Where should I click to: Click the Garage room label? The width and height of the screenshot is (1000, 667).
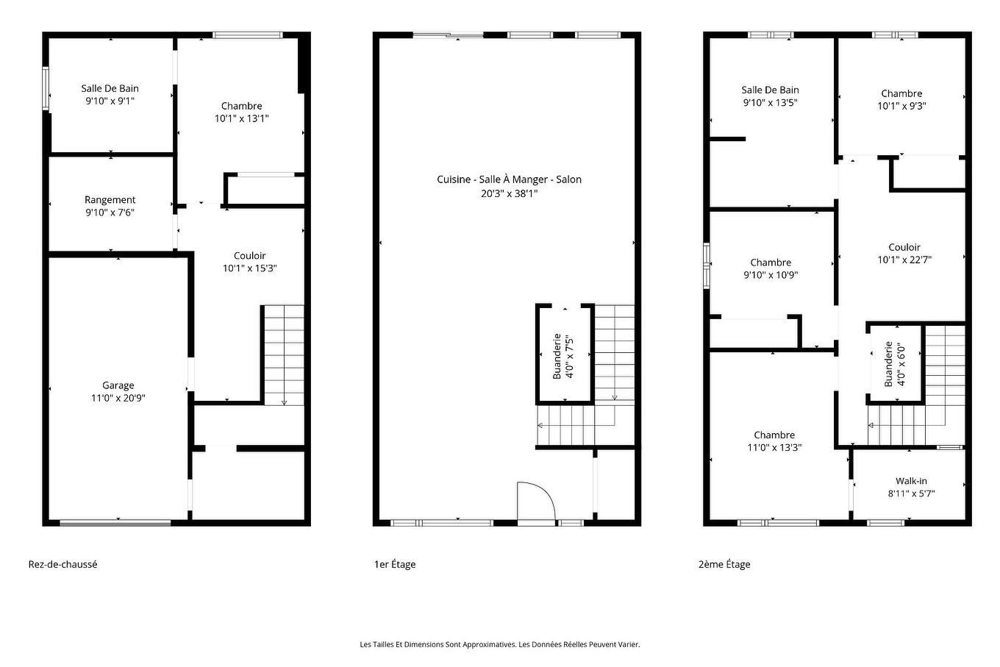118,385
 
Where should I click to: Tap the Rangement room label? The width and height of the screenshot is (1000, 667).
110,200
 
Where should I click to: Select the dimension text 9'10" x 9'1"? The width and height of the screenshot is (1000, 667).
110,101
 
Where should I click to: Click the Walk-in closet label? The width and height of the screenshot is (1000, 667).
911,481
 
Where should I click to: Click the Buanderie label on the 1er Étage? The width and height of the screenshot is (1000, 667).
557,357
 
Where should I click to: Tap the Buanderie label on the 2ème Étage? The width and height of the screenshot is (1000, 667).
888,364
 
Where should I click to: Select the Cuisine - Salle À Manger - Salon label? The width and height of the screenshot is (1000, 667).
509,179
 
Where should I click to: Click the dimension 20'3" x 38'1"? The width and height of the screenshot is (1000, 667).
509,194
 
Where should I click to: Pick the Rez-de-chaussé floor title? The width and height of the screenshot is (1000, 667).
63,565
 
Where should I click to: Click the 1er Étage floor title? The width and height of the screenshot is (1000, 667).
395,565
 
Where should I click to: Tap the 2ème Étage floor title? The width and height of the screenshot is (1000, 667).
724,565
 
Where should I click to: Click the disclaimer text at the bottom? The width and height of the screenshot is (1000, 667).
500,644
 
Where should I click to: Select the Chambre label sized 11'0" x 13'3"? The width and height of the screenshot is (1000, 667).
774,435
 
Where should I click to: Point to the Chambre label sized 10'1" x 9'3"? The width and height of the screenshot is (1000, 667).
901,93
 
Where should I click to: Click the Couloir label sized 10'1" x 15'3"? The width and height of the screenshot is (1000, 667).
249,256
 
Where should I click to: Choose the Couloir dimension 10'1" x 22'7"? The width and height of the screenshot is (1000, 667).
904,260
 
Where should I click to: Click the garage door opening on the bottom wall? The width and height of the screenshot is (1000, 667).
115,523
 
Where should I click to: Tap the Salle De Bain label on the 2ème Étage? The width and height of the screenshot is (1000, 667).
770,90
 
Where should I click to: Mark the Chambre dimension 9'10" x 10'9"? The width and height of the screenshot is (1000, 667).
771,275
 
